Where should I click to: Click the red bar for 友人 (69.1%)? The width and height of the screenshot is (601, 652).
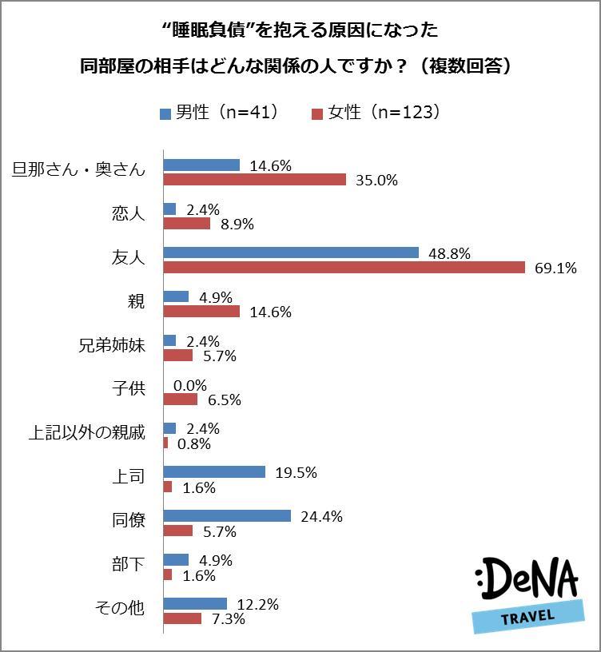[344, 268]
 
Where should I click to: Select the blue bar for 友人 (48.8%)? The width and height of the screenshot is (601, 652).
[291, 252]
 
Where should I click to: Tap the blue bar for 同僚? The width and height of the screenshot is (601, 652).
[227, 516]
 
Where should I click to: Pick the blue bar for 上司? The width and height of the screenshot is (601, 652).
[214, 472]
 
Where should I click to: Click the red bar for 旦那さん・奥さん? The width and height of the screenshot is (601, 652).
[254, 180]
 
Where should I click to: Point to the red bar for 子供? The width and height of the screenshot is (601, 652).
[181, 400]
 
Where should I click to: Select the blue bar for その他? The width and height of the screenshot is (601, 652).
[195, 604]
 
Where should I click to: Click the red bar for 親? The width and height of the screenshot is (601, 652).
[201, 312]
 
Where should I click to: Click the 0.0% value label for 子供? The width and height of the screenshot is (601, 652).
[190, 385]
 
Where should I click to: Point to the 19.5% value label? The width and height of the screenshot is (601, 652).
[297, 473]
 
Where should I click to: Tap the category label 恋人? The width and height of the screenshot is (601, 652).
[128, 215]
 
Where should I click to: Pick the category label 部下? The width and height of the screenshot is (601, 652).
[128, 564]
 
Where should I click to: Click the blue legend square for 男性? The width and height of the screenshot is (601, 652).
[165, 113]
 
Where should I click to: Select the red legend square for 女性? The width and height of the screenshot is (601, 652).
[316, 113]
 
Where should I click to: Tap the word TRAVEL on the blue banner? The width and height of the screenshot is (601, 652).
[527, 619]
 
